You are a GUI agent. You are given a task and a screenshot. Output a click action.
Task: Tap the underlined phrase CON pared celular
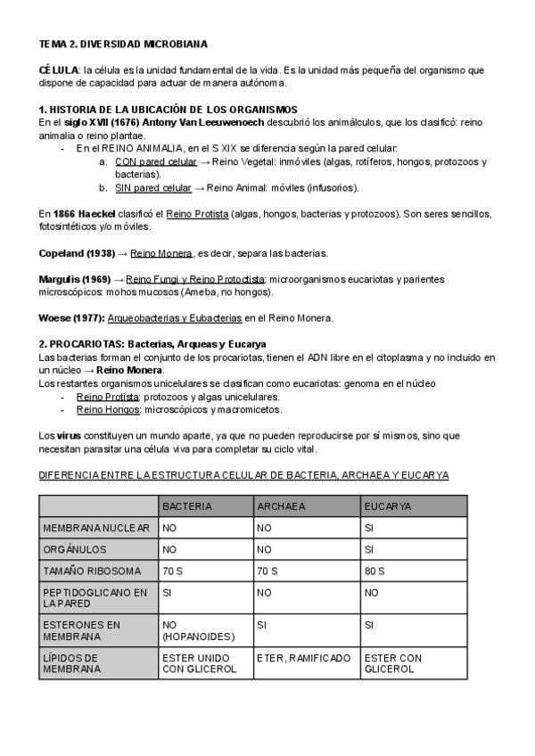[156, 161]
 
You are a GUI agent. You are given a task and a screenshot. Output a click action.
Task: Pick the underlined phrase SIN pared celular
[153, 188]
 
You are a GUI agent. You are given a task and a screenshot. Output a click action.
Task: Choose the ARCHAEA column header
[281, 505]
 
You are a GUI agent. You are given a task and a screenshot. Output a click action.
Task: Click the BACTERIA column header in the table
[187, 505]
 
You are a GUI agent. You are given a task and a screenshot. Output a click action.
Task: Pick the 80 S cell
[374, 571]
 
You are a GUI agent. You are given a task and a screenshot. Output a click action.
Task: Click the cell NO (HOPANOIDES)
[197, 630]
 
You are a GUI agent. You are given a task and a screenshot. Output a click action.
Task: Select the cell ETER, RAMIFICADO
[302, 658]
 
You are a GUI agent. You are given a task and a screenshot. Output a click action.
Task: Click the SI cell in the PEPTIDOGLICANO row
[168, 591]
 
